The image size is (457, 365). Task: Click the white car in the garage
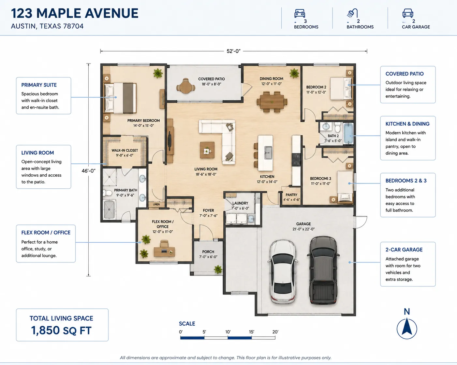tap(283, 272)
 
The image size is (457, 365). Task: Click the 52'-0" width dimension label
tap(233, 51)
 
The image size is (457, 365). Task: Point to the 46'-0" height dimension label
tap(89, 171)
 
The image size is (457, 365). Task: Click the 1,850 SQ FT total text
tap(61, 330)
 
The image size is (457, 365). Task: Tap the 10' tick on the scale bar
tap(228, 332)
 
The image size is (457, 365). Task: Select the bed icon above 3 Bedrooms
tap(300, 13)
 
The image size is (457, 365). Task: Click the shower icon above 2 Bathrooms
tap(352, 13)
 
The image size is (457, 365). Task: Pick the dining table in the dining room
tap(272, 102)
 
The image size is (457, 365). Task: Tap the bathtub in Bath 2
tap(348, 134)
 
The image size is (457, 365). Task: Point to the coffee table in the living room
tap(207, 150)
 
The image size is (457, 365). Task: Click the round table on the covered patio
tap(185, 86)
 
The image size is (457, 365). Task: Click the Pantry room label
tap(291, 195)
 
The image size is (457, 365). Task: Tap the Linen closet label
tap(156, 204)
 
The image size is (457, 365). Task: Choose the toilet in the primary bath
tap(108, 193)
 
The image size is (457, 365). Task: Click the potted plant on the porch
tap(218, 269)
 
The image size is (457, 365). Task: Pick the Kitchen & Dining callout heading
tap(407, 124)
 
